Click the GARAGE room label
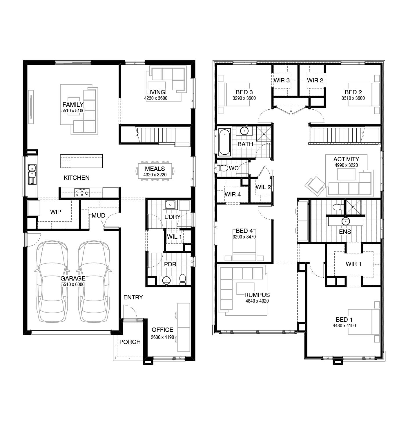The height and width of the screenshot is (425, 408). click(x=73, y=278)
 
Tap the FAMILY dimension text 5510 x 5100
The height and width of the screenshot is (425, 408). click(x=73, y=111)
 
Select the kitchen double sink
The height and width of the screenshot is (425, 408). click(x=32, y=174)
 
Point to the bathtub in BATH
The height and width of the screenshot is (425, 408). click(x=224, y=142)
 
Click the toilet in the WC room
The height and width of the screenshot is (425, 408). click(x=223, y=168)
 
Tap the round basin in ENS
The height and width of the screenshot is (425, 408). click(x=346, y=221)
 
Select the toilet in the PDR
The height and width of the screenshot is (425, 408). click(x=182, y=279)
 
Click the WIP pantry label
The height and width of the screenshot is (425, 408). click(x=55, y=212)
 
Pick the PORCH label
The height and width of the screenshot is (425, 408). click(x=130, y=342)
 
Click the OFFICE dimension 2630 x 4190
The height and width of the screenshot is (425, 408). click(x=162, y=337)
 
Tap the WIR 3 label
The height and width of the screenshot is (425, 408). click(x=281, y=80)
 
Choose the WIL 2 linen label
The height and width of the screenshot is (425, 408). click(x=263, y=187)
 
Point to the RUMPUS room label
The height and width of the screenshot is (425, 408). click(x=257, y=295)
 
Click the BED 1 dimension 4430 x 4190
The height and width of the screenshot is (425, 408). click(x=344, y=325)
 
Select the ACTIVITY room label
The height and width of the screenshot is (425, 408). click(x=346, y=159)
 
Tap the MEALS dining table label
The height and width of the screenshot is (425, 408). click(x=155, y=169)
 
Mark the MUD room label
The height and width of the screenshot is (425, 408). click(x=98, y=216)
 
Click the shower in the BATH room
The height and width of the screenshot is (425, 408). click(x=264, y=133)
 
